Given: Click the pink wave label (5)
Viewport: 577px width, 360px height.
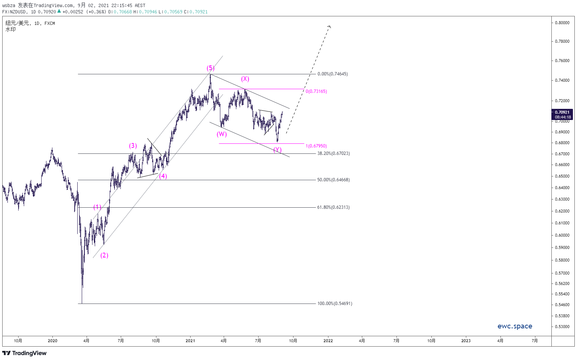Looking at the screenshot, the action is tap(210, 68).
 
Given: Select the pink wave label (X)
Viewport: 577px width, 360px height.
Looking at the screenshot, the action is tap(245, 79).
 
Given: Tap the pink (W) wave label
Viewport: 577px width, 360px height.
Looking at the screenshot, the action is tap(221, 134).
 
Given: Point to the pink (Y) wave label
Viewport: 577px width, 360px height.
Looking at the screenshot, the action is tap(278, 150).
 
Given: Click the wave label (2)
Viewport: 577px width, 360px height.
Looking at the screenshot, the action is tap(104, 256).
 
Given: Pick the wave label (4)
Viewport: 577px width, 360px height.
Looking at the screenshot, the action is tap(163, 176).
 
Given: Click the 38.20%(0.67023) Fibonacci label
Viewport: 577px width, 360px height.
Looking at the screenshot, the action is tap(333, 153).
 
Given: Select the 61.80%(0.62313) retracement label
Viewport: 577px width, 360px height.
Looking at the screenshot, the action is tap(333, 207).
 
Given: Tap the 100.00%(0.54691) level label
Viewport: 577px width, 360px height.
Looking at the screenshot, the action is tap(335, 304).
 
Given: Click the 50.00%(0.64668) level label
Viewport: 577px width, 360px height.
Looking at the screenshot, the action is tap(333, 180).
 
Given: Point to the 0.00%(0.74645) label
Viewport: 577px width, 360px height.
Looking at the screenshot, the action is tap(333, 74).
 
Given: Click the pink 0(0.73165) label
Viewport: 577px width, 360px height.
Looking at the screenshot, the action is tap(316, 91).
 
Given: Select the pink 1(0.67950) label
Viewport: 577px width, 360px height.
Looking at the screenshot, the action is tap(316, 146).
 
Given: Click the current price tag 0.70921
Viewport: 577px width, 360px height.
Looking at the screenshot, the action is tap(562, 112).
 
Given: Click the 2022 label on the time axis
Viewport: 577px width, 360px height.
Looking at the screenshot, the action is tap(328, 341).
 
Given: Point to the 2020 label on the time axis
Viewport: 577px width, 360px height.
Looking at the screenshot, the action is tap(52, 341).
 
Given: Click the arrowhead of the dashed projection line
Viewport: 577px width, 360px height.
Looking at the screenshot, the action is tap(330, 26).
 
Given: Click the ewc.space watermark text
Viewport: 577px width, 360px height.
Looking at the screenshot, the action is tap(515, 326).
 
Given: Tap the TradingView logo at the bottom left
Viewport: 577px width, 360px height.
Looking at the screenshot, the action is tap(25, 353).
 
